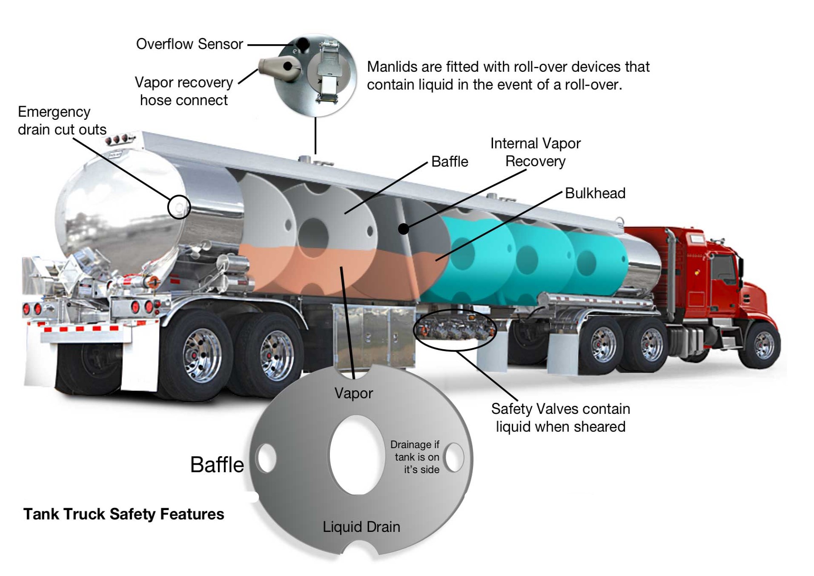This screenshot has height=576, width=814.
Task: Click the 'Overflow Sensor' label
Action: pos(189,44)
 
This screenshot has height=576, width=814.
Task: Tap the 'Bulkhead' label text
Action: pos(595,193)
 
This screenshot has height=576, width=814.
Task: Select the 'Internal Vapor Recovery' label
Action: pos(535,152)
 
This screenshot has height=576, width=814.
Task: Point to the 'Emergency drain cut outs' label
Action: pos(62,120)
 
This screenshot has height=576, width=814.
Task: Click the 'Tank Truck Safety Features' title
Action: pos(123,514)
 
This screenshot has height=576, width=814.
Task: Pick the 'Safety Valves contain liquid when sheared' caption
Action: pos(560,418)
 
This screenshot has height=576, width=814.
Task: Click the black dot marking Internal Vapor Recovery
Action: pos(403,229)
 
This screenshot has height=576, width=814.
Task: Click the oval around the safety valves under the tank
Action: pos(455,311)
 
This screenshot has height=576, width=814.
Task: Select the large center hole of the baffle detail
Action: pos(357,455)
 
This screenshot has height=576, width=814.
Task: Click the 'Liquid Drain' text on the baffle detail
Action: pos(361,527)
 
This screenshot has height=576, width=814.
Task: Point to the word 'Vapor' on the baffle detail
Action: pos(354,393)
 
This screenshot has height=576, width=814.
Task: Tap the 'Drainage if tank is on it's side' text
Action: pos(415,457)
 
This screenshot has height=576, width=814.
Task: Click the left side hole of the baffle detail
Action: pos(267,458)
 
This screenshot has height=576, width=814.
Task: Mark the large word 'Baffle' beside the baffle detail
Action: pos(217,465)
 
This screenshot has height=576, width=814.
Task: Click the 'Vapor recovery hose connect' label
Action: pos(184,91)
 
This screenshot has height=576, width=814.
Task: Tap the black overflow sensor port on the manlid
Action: pos(303,44)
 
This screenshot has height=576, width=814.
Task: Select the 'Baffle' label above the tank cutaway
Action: pos(450,162)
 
